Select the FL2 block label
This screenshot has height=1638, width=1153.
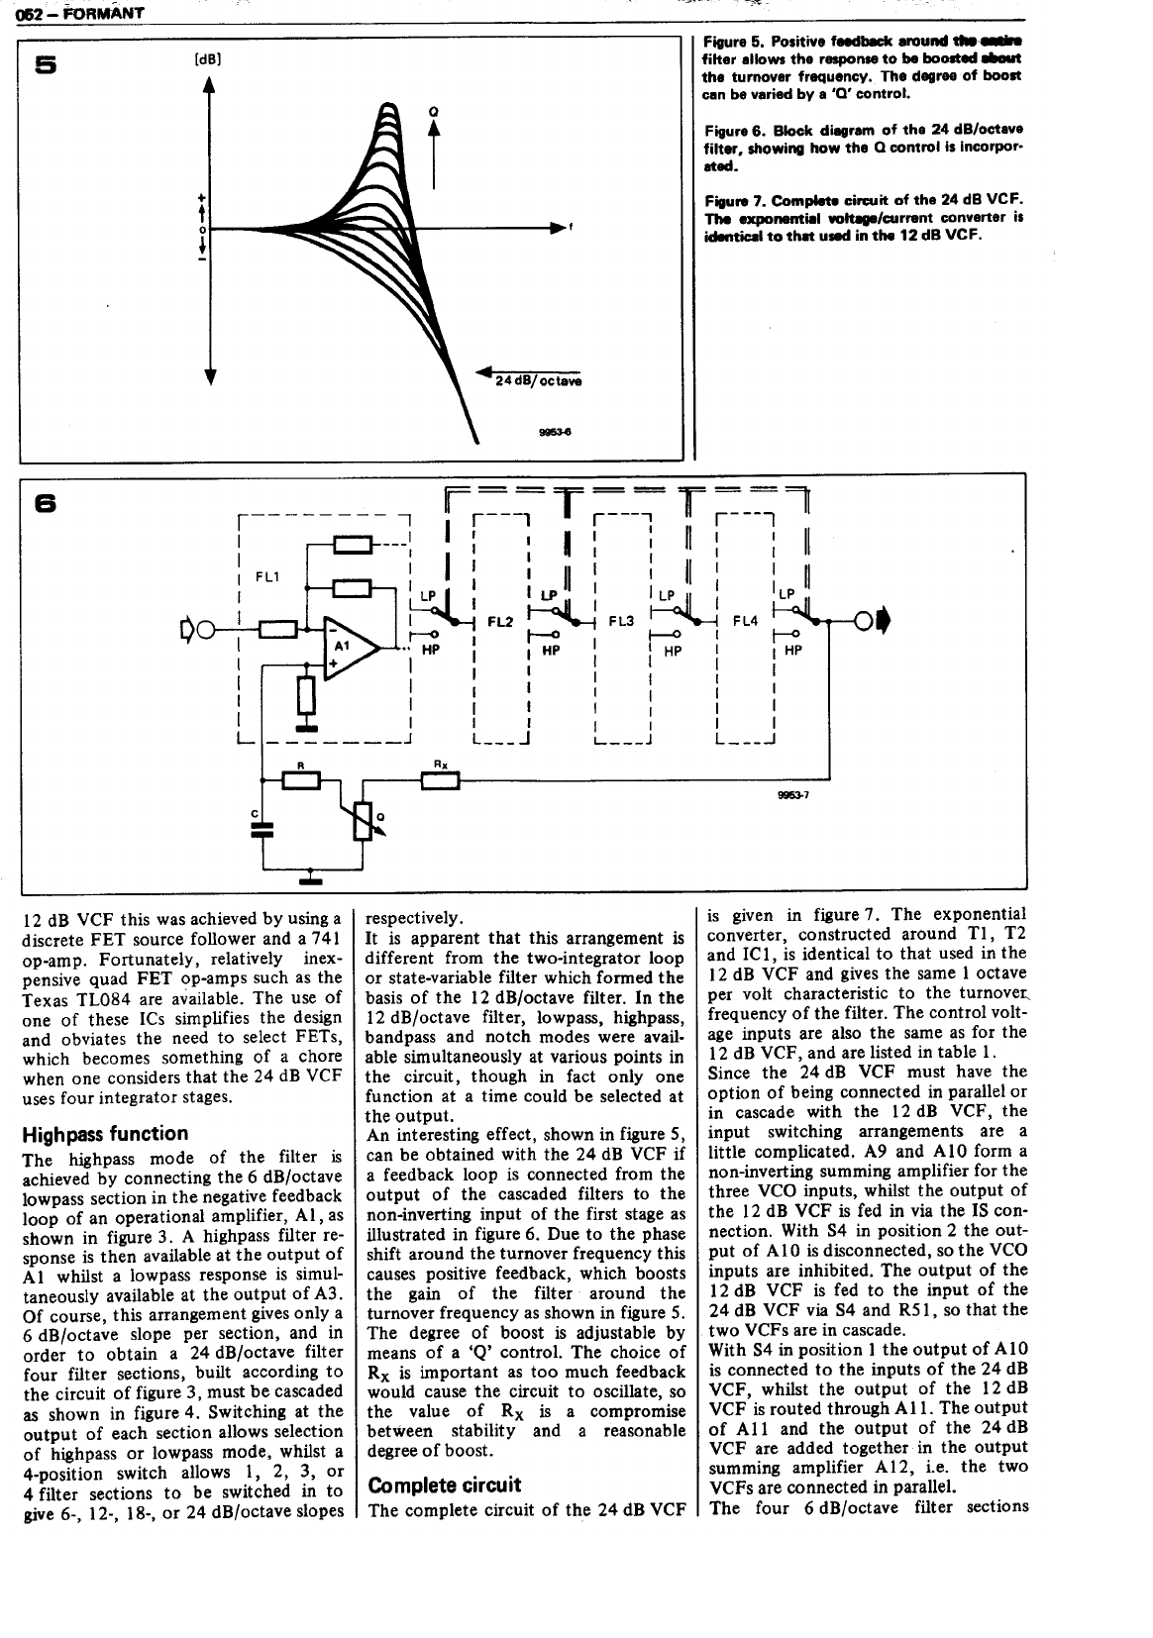(x=500, y=622)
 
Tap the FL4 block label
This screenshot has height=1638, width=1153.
(x=745, y=622)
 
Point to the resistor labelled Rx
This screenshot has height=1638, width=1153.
(x=441, y=780)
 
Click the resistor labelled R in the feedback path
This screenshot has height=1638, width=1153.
(x=301, y=780)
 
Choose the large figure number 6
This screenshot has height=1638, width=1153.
(x=46, y=503)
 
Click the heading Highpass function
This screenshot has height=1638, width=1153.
(x=105, y=1134)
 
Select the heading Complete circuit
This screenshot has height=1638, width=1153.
(x=444, y=1485)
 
